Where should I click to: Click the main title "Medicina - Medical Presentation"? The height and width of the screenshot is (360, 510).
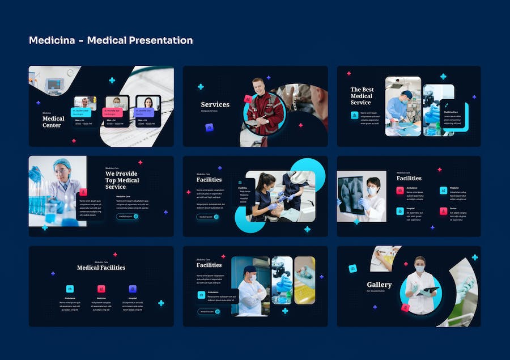tap(110, 40)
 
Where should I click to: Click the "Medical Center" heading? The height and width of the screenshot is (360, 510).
tap(52, 122)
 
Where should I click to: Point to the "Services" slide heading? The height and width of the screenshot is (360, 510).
tap(215, 104)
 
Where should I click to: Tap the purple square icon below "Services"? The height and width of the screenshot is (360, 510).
tap(209, 128)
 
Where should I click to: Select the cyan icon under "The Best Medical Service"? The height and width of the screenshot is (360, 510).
tap(354, 115)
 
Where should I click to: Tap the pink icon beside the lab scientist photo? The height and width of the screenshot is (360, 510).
tap(83, 192)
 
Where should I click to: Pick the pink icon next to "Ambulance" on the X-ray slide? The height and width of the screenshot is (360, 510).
tap(400, 190)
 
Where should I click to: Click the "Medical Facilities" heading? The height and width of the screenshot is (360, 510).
tap(101, 268)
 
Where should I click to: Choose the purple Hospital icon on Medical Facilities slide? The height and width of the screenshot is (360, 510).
tap(133, 289)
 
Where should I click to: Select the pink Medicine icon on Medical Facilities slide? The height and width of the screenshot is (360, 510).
tap(101, 289)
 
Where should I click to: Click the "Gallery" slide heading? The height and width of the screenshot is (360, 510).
tap(379, 285)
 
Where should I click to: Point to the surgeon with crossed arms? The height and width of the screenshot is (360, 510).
tap(250, 289)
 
